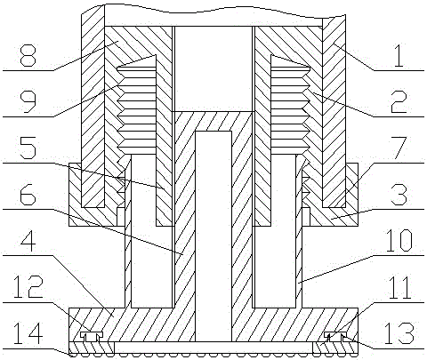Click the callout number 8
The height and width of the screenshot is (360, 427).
coord(28,55)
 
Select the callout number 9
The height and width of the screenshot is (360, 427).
coord(28,101)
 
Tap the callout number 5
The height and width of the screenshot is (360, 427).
coord(28,148)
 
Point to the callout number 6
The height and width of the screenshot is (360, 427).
coord(28,194)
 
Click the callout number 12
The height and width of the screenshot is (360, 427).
coord(28,286)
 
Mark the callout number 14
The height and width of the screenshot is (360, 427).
coord(28,333)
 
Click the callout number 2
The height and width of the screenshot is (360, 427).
coord(399,101)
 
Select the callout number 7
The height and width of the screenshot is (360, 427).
coord(399,148)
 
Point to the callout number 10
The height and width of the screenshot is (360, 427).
coord(399,241)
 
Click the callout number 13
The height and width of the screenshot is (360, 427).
coord(399,333)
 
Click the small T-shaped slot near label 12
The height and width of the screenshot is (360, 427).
coord(92,336)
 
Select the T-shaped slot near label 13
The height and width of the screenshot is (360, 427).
coord(335,336)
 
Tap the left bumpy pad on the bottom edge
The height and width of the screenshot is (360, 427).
coord(92,348)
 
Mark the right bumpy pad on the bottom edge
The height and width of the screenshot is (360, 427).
coord(335,348)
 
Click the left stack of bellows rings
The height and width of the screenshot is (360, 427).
coord(137,110)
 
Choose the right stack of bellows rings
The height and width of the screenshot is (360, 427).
coord(290,110)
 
